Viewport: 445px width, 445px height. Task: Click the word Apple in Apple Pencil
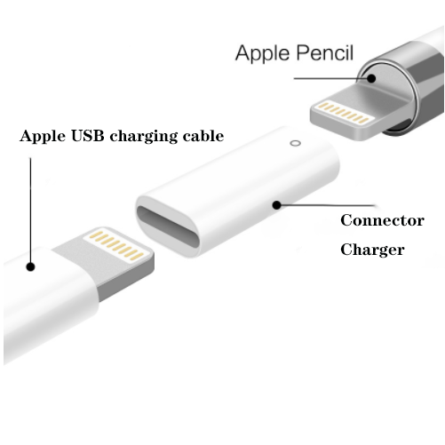tap(262, 53)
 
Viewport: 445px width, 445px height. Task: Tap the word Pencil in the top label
tap(324, 52)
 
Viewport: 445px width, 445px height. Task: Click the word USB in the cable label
tap(88, 136)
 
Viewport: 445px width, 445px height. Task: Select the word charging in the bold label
tap(143, 137)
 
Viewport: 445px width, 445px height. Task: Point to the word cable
tap(203, 136)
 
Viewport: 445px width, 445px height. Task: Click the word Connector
tap(382, 220)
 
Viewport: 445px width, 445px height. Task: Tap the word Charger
tap(372, 250)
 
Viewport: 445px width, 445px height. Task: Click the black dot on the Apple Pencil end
tap(371, 78)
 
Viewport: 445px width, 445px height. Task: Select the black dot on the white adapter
tap(276, 205)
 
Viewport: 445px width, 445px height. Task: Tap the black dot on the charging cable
tap(30, 266)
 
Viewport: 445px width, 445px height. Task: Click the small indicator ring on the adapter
tap(295, 143)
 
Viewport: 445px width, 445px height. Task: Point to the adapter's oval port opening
tap(168, 226)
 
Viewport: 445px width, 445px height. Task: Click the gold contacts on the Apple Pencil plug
tap(345, 113)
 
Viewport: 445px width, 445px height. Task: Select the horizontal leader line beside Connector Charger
tap(328, 205)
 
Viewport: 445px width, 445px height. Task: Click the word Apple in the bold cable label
tap(43, 137)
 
